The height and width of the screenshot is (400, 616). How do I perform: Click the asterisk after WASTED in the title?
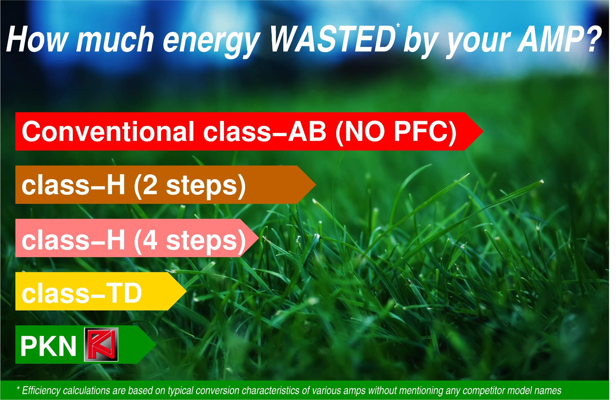point(398,25)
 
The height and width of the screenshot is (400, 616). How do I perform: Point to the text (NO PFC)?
point(396,132)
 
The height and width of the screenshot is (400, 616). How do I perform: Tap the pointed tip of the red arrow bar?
point(483,131)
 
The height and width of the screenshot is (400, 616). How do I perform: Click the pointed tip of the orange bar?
point(316,185)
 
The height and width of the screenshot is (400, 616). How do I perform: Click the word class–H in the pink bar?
point(73,240)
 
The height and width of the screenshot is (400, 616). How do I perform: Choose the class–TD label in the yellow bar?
point(82,293)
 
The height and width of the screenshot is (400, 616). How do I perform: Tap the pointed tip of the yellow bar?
point(186,291)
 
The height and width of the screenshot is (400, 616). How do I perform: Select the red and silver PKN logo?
point(101,344)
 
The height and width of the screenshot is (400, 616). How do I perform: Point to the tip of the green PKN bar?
point(156,344)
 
